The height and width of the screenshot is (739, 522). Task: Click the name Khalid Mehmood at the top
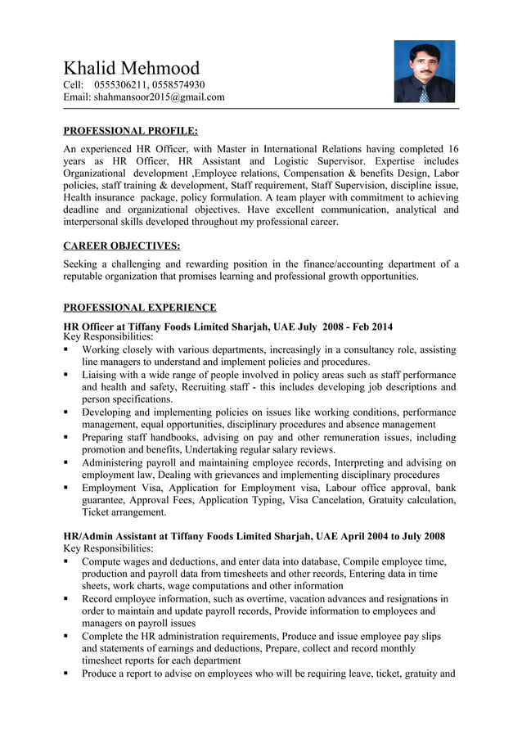click(x=132, y=68)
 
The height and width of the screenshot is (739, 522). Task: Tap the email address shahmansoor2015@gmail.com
click(x=159, y=97)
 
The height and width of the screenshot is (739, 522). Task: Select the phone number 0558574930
click(x=178, y=85)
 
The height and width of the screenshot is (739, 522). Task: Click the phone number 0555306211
click(x=120, y=85)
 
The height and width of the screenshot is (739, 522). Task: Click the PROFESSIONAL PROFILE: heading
click(x=131, y=130)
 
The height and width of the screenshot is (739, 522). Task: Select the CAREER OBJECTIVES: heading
click(x=122, y=246)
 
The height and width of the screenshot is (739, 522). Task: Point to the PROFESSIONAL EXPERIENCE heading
click(x=140, y=308)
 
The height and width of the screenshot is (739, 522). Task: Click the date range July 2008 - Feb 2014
click(x=334, y=327)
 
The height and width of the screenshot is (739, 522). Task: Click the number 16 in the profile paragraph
click(x=452, y=149)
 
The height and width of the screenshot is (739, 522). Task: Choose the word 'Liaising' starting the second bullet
click(x=101, y=375)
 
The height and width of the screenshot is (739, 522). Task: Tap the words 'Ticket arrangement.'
click(x=124, y=512)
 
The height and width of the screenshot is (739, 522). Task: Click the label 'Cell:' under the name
click(x=74, y=85)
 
